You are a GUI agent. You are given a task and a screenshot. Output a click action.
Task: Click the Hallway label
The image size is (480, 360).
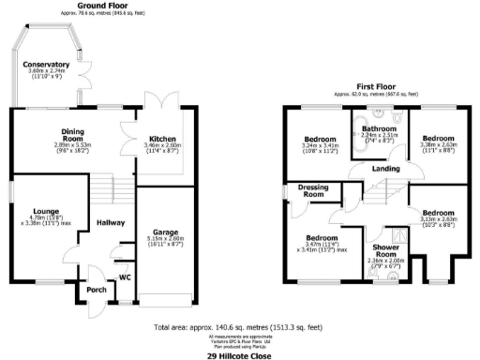(111, 221)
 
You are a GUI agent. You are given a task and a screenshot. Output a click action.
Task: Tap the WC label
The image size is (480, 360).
(124, 277)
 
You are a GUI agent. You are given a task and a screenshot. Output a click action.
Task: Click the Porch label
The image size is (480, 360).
(96, 289)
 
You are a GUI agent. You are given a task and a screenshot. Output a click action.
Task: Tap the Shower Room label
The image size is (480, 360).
(386, 251)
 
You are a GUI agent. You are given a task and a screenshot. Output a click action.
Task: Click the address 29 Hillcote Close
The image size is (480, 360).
(240, 355)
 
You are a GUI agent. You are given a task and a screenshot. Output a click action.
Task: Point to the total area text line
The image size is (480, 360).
(240, 328)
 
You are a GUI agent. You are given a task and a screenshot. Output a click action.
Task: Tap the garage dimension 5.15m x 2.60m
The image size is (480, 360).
(165, 239)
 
